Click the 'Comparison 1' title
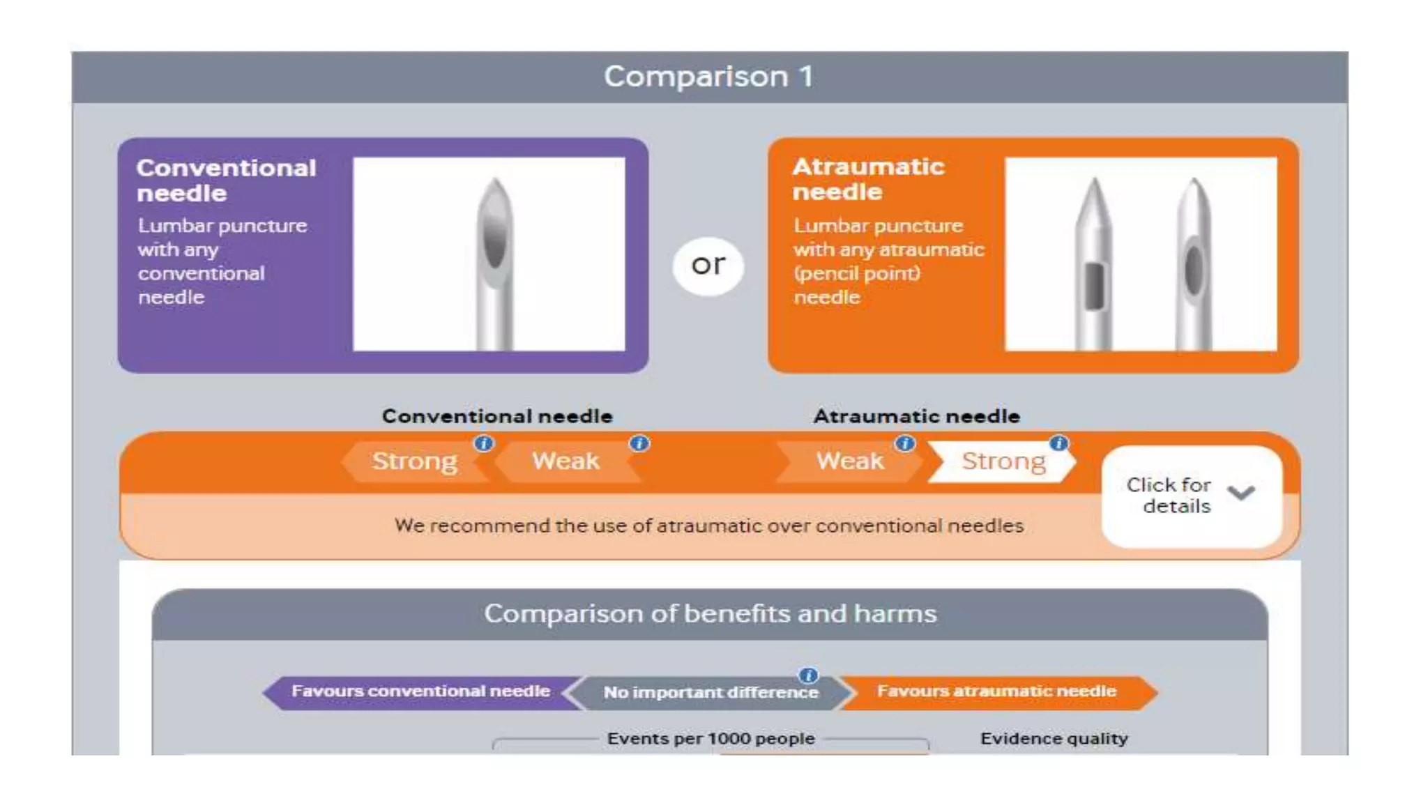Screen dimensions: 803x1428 [x=708, y=77]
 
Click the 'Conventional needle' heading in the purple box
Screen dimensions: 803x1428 [x=226, y=180]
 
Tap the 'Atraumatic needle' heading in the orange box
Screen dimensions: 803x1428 [x=868, y=178]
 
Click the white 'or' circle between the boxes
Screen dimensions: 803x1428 [x=708, y=266]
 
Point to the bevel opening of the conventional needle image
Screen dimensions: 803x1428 [x=494, y=237]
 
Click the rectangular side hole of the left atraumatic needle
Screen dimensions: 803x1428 [x=1094, y=285]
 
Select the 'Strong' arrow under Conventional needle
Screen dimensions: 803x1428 [x=414, y=461]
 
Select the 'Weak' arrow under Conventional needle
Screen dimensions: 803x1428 [x=565, y=461]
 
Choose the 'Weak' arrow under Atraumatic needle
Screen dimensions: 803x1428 [x=849, y=461]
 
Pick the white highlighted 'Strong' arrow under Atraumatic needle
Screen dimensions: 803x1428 [x=1003, y=461]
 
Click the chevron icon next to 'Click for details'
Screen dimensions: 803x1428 [x=1241, y=493]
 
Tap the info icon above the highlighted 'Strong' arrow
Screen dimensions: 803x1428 [x=1058, y=443]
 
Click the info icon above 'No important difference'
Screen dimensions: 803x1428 [x=808, y=675]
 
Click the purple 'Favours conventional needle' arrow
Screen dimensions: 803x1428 [x=420, y=691]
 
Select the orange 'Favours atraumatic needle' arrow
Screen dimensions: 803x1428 [x=996, y=691]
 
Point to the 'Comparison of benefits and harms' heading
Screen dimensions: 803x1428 [x=710, y=614]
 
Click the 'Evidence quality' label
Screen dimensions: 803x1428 [x=1054, y=739]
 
